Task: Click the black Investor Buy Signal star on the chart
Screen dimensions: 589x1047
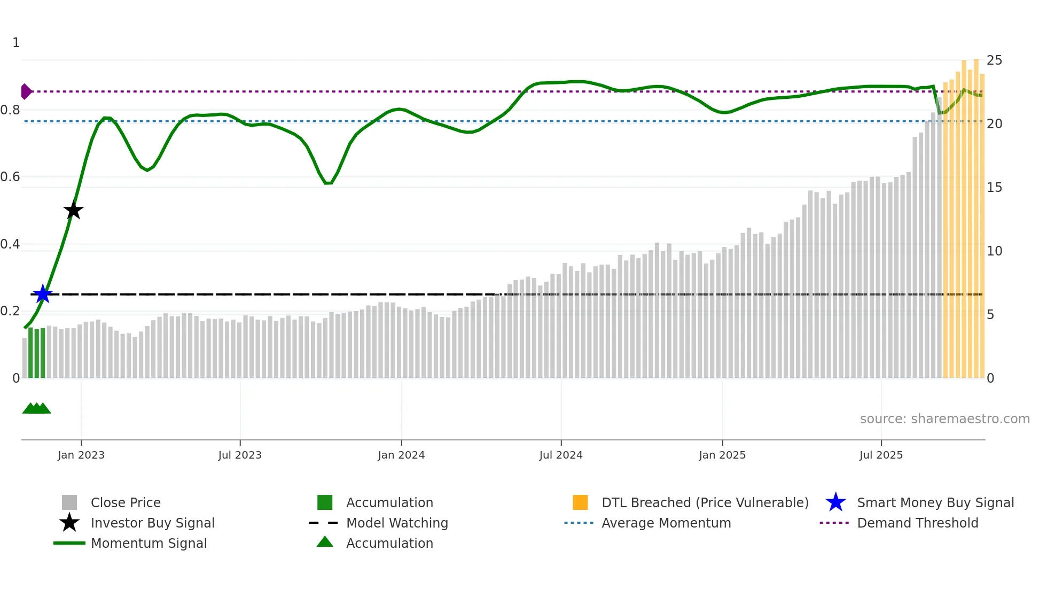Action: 74,210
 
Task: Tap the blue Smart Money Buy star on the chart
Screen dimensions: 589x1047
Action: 43,294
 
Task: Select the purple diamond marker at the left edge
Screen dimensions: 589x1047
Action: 26,91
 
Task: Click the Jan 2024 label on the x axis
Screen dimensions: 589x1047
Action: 401,455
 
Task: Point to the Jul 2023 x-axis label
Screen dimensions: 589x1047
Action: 240,455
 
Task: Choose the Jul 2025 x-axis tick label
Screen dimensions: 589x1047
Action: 881,455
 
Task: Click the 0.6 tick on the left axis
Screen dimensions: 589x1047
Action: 10,177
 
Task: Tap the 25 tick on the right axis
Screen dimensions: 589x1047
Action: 994,60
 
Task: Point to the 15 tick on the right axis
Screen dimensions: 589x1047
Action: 994,188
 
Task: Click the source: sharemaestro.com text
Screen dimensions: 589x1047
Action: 944,419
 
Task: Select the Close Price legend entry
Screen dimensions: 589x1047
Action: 126,502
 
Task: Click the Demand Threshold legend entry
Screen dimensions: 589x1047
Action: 917,523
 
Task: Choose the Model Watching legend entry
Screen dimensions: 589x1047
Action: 396,523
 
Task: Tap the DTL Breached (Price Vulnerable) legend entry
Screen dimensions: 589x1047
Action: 705,502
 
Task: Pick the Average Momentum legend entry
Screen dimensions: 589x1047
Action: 666,523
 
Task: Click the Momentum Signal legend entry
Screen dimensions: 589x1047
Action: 149,543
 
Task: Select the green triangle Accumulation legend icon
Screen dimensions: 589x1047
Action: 325,542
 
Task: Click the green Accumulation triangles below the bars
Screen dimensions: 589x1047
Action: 36,408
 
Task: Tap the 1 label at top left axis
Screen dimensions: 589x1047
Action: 16,43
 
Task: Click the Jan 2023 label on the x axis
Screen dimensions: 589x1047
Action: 81,455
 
